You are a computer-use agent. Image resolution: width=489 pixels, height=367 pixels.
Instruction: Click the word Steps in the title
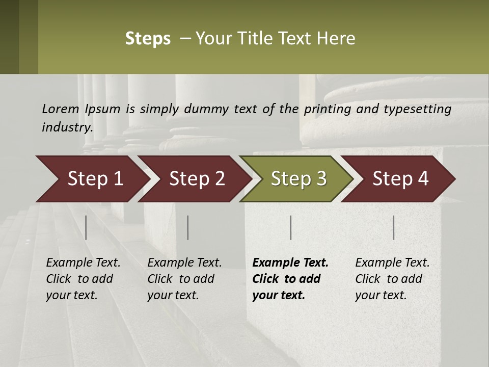point(148,39)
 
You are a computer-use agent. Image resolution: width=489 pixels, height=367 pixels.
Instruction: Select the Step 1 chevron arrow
point(95,178)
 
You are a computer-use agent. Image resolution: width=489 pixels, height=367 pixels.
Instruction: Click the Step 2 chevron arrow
point(197,178)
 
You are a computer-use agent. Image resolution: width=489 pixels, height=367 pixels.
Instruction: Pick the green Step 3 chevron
point(298,178)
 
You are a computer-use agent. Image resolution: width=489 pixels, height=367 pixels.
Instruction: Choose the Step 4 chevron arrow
point(400,178)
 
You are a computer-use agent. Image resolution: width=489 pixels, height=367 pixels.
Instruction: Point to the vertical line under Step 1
point(86,227)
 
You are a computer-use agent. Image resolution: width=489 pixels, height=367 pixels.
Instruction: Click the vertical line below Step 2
point(188,227)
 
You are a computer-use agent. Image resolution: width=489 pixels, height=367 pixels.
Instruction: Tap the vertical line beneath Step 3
point(291,227)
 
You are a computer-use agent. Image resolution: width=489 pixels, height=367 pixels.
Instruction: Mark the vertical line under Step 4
point(394,227)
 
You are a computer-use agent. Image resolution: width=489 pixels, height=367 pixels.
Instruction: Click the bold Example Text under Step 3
point(290,263)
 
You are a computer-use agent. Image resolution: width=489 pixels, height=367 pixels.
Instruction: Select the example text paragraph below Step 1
point(83,279)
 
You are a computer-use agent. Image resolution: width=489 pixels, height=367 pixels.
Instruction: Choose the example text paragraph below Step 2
point(184,279)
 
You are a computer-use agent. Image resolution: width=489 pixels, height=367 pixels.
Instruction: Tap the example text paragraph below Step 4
point(392,279)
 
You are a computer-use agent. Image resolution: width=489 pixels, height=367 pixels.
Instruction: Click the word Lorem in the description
point(61,109)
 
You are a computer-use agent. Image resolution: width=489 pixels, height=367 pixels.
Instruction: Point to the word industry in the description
point(67,127)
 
